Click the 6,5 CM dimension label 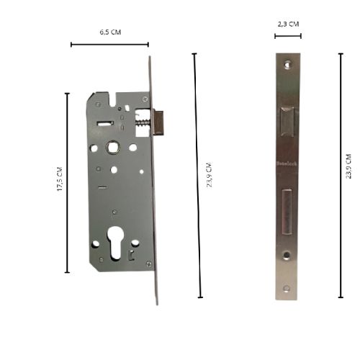tap(110, 33)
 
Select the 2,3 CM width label tap(288, 24)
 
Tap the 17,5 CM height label tap(60, 180)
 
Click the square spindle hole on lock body tap(114, 147)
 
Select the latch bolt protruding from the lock tap(159, 121)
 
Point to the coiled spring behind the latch tap(143, 122)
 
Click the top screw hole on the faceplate tap(287, 64)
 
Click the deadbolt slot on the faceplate tap(287, 212)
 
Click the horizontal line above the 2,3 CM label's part tap(288, 35)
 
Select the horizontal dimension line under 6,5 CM tap(110, 45)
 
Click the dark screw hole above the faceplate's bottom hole tap(287, 255)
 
